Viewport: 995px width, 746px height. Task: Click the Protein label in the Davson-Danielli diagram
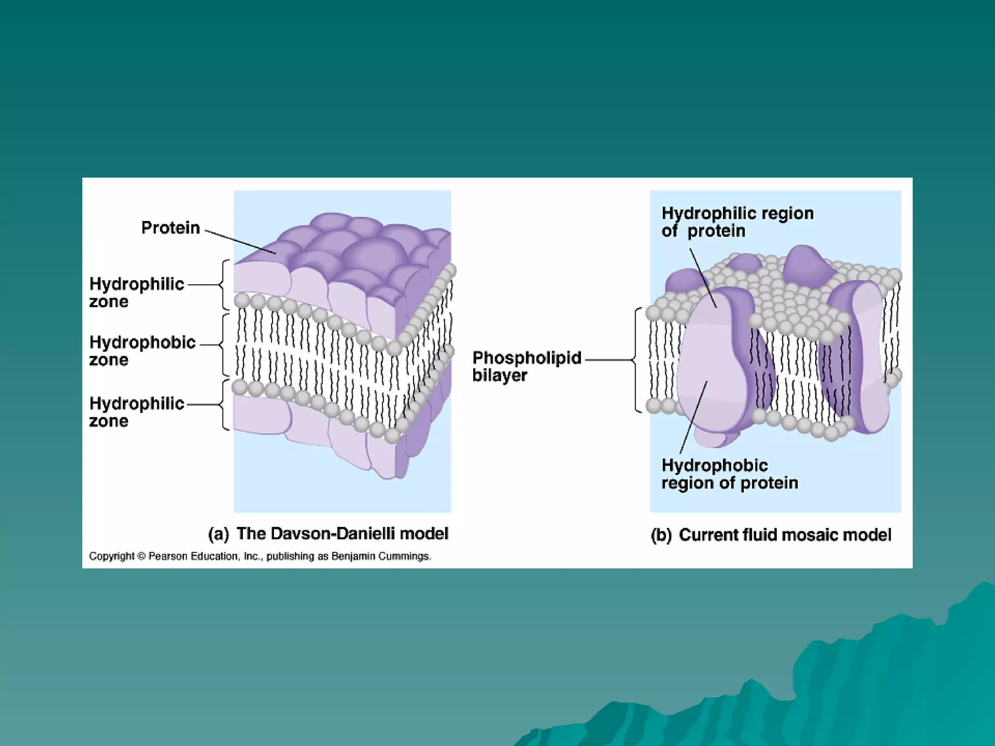(x=171, y=228)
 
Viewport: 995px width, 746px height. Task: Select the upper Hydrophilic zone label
(x=137, y=292)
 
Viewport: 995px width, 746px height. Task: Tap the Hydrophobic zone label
(x=142, y=351)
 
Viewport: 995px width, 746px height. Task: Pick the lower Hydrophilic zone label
(x=137, y=412)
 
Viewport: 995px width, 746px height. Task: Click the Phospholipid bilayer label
(x=527, y=366)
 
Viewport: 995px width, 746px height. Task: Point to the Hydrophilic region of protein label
(x=737, y=222)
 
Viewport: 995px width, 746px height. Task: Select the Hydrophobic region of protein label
(x=729, y=474)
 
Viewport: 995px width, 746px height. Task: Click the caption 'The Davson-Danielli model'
(x=342, y=534)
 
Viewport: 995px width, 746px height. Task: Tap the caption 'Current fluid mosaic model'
(x=785, y=535)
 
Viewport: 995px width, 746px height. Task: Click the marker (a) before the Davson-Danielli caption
(x=218, y=534)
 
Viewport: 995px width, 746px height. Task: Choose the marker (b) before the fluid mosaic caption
(x=661, y=535)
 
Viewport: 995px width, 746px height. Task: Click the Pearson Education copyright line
(x=260, y=557)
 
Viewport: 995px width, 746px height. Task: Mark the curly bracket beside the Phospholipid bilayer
(x=637, y=360)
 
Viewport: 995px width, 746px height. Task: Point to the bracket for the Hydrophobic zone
(x=224, y=345)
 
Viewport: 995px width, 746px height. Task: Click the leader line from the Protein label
(x=240, y=241)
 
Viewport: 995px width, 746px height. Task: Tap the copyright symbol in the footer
(x=141, y=557)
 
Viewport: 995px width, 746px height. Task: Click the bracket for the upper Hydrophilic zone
(x=224, y=285)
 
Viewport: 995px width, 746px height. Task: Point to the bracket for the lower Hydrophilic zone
(x=224, y=405)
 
